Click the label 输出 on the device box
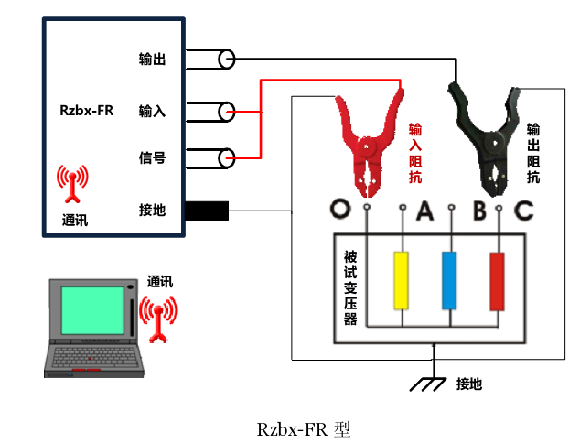point(152,59)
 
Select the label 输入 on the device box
point(152,112)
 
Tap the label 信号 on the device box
point(152,157)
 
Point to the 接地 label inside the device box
point(152,211)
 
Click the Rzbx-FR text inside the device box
point(86,112)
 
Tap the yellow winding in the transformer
point(401,280)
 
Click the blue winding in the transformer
point(449,280)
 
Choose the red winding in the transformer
point(498,280)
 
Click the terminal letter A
point(424,211)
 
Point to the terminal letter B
point(479,211)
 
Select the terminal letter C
point(523,211)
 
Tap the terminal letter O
point(341,210)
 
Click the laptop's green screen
point(92,311)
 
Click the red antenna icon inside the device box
point(72,184)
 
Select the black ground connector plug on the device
point(207,211)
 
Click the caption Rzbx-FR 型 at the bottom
point(304,428)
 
